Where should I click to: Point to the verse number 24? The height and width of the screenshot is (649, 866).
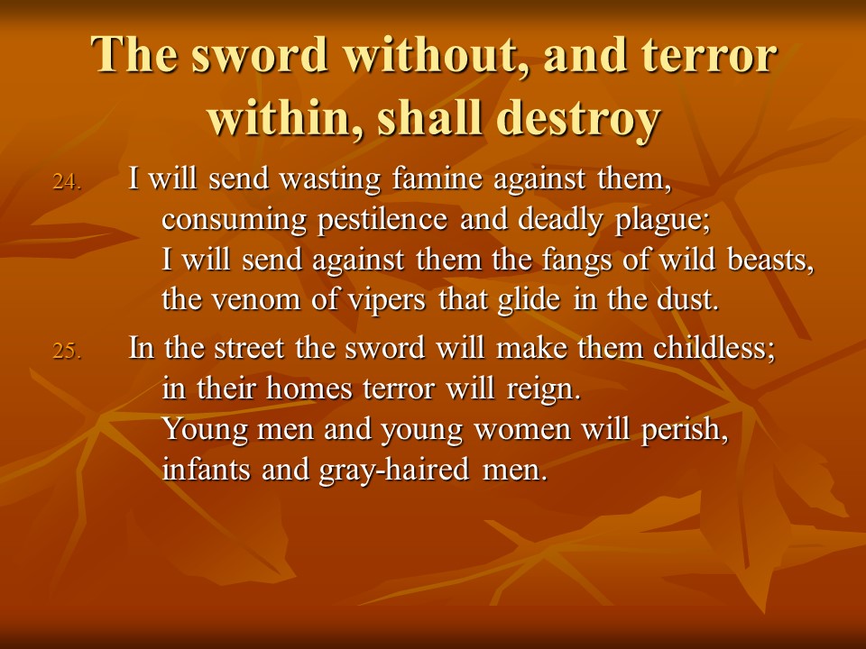tap(67, 181)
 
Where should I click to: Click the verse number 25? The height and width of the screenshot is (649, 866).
tap(67, 351)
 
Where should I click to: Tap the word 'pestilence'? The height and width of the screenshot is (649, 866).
tap(382, 220)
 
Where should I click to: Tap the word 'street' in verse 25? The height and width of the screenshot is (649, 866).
tap(249, 349)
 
